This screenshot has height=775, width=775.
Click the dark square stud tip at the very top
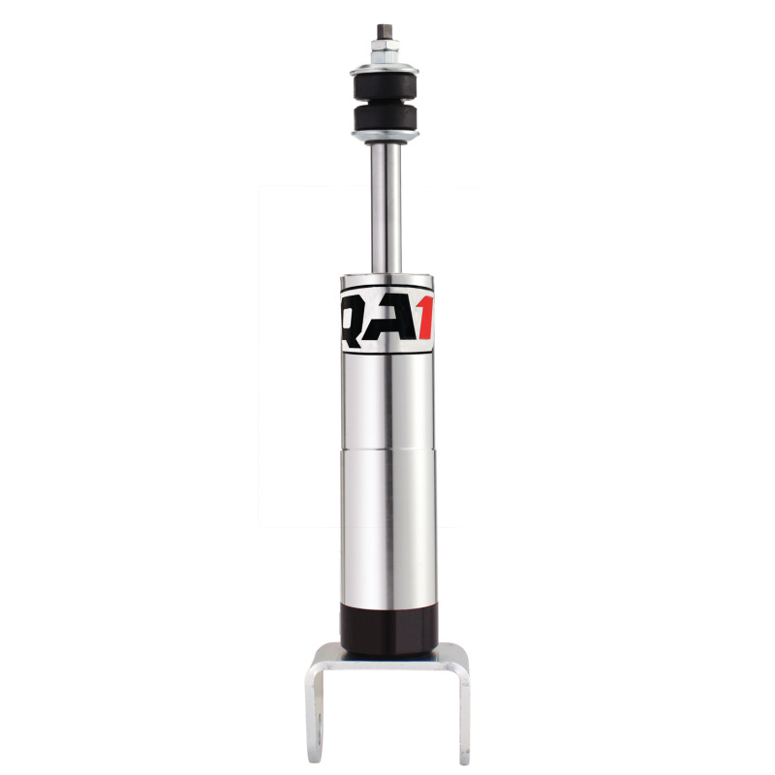click(384, 29)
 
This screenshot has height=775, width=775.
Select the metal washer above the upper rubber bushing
click(385, 68)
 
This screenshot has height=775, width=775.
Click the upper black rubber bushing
click(385, 84)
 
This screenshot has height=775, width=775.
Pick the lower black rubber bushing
click(385, 120)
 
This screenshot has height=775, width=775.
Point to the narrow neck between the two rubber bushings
click(385, 103)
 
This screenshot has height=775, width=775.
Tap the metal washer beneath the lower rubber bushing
click(385, 137)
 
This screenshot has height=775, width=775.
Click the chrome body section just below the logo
click(387, 397)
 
